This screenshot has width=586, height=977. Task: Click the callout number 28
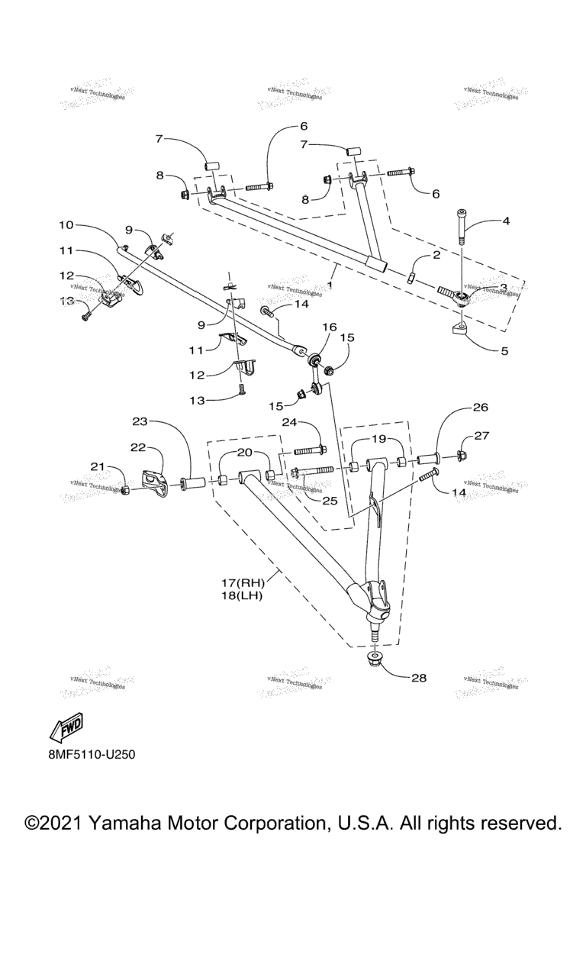[x=418, y=677]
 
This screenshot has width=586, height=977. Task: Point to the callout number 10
[x=66, y=225]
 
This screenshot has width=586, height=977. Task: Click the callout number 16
[x=329, y=327]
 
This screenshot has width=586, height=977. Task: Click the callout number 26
[x=480, y=408]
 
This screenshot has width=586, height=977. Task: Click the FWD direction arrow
[x=66, y=729]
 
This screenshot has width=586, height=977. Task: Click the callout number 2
[x=436, y=256]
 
